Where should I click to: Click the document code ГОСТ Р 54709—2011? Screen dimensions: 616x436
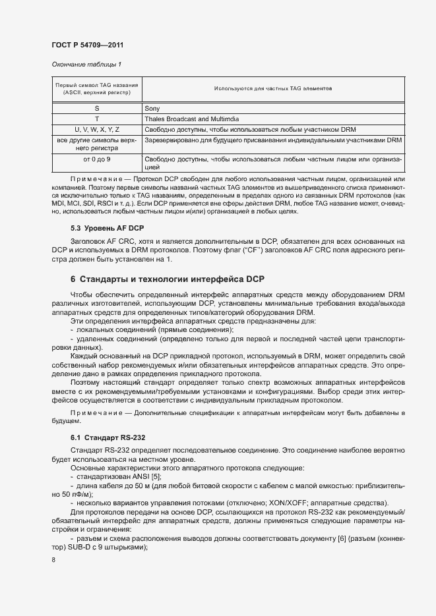click(87, 45)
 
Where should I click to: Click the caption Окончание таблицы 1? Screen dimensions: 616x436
click(86, 64)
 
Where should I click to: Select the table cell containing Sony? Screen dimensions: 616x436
click(152, 108)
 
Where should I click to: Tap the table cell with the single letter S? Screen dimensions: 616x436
click(96, 108)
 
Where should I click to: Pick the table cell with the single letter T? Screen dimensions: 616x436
click(96, 119)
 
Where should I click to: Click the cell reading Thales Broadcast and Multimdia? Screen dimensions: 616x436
click(192, 119)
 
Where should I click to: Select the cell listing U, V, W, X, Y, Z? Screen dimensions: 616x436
click(96, 129)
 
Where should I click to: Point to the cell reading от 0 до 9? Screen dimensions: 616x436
click(96, 159)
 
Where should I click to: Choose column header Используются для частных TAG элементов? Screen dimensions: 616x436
click(273, 88)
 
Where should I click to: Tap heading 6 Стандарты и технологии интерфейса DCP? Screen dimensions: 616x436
click(168, 279)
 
